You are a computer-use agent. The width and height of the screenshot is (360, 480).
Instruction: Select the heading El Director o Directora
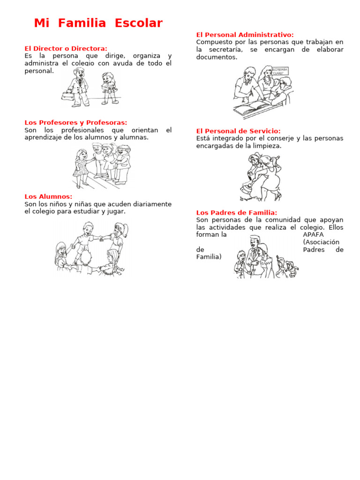(x=66, y=48)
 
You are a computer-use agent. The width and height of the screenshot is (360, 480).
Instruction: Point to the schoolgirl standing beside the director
(x=109, y=88)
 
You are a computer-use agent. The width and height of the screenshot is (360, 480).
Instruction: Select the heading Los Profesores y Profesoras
(x=75, y=122)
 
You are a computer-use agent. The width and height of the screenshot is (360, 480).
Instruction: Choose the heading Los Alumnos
(x=48, y=196)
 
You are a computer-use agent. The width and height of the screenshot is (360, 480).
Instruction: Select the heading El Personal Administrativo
(x=245, y=35)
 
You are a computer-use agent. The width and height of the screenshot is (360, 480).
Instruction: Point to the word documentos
(x=217, y=57)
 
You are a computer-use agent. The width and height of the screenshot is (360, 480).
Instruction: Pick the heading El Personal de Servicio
(x=238, y=131)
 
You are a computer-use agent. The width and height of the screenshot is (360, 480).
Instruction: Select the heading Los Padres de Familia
(x=236, y=212)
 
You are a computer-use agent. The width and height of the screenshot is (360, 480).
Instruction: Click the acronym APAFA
(x=313, y=234)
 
